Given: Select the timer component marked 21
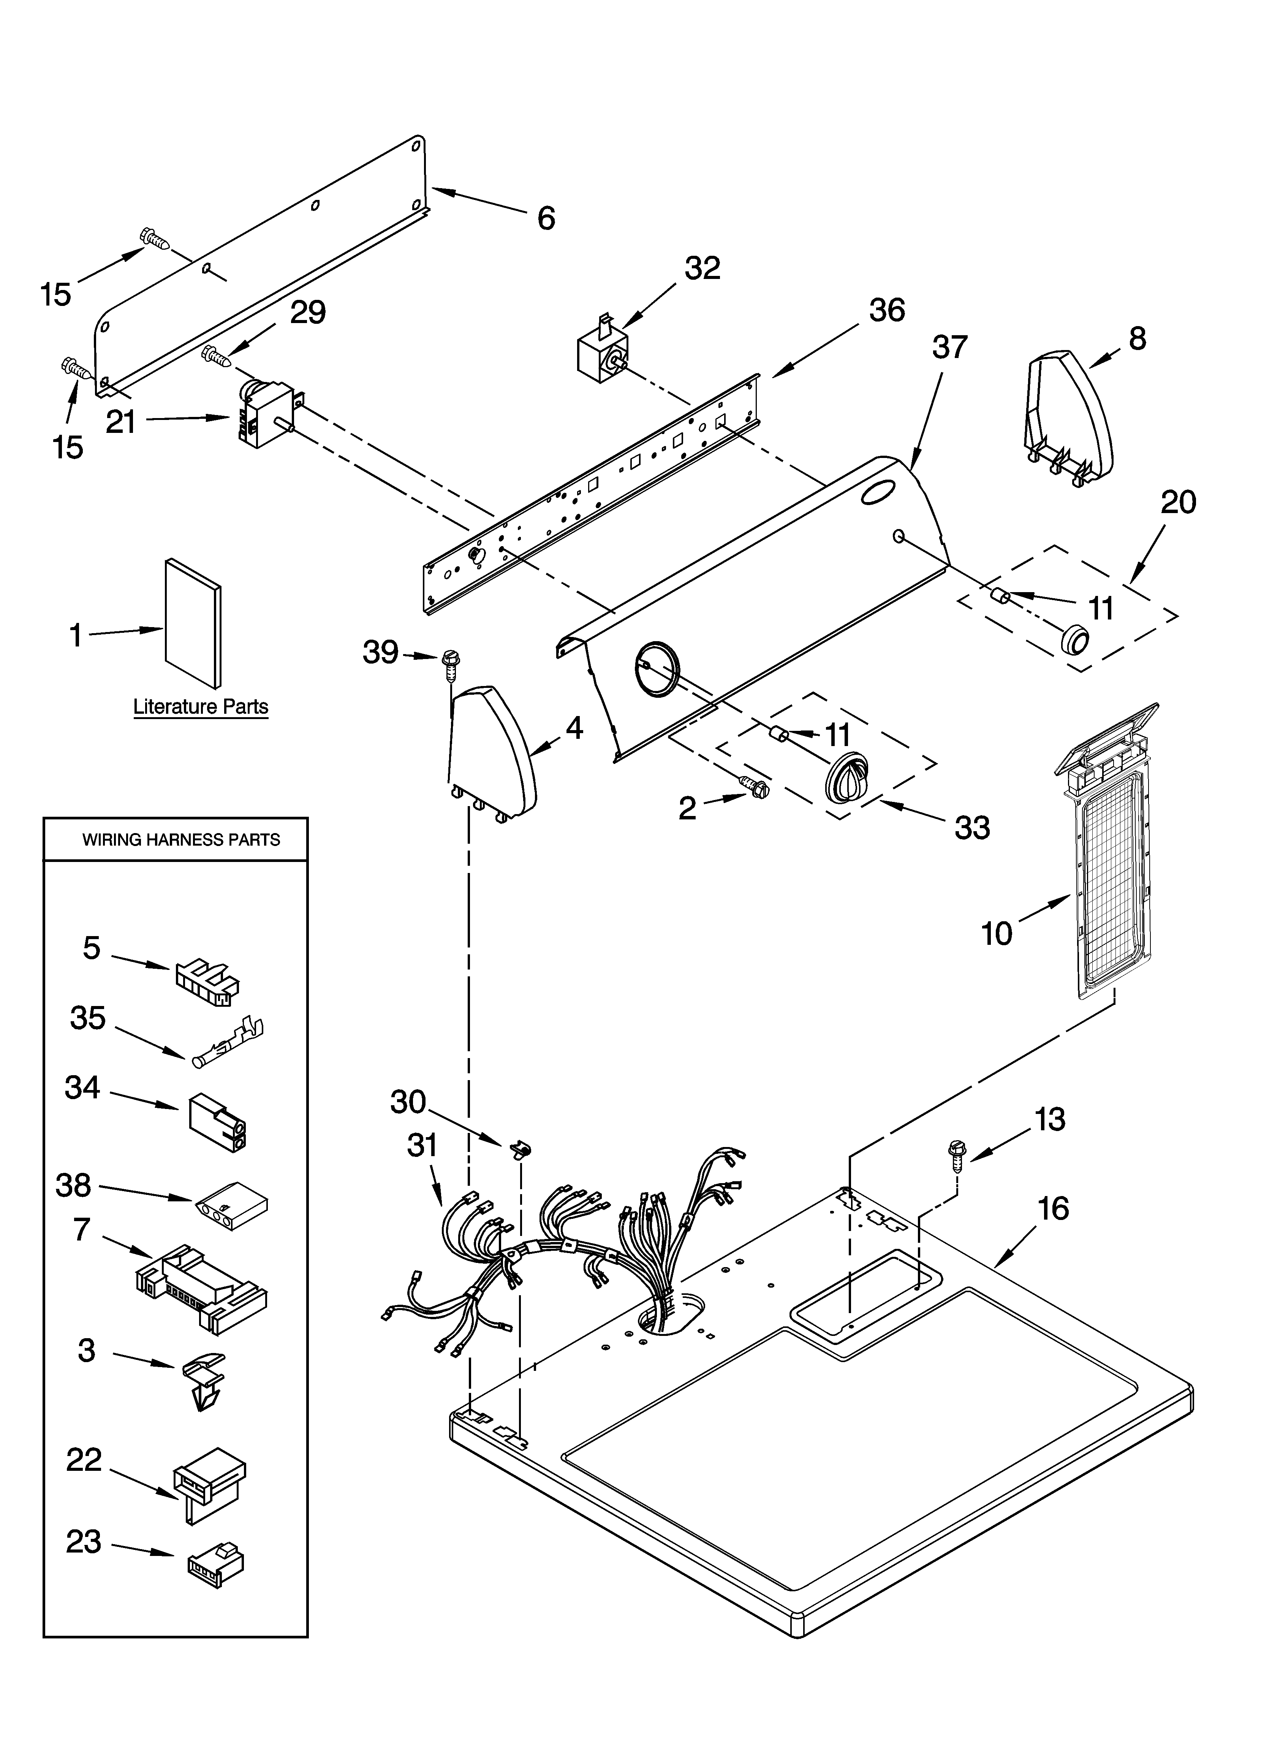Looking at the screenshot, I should (x=263, y=415).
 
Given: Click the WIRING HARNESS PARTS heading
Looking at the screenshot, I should (x=181, y=840).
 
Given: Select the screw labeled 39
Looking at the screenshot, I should (x=449, y=662).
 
